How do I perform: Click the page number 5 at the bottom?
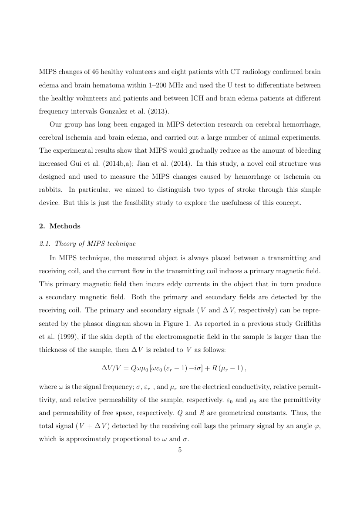[x=180, y=450]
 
